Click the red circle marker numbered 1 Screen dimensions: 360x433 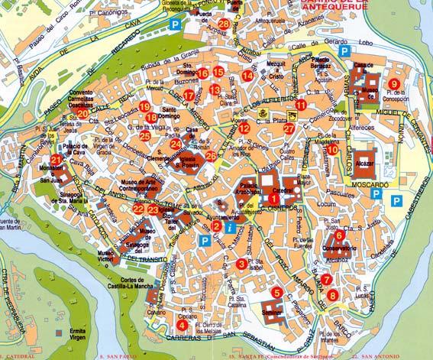click(x=273, y=199)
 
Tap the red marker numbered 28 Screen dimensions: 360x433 click(x=223, y=24)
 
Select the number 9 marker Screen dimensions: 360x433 click(x=394, y=83)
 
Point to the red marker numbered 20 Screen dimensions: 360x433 click(x=82, y=113)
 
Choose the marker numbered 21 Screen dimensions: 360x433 click(x=56, y=160)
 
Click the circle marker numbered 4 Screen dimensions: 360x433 click(x=181, y=324)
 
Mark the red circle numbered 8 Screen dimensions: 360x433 click(x=332, y=295)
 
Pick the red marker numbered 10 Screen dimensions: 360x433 click(x=333, y=150)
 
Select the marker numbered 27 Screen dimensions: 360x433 click(x=289, y=128)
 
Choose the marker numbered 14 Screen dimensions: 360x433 click(x=247, y=76)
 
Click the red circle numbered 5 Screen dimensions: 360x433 click(x=276, y=293)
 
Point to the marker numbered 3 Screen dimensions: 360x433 click(x=241, y=264)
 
